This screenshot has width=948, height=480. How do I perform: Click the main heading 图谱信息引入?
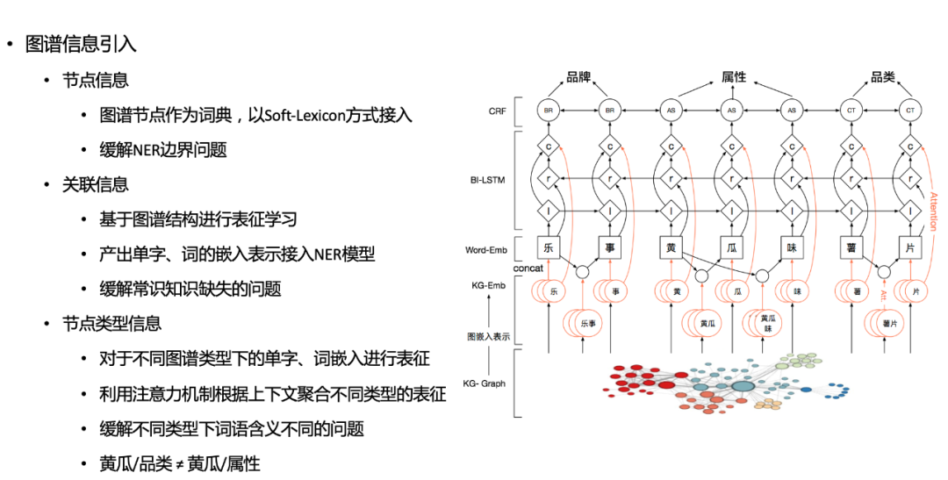pos(82,42)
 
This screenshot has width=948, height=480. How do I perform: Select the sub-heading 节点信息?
pos(95,79)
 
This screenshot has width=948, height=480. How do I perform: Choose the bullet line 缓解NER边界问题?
pos(164,150)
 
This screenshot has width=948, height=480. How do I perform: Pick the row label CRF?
pos(497,111)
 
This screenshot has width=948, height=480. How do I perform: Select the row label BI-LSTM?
pos(487,179)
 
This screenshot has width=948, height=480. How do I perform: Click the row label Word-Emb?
pos(487,250)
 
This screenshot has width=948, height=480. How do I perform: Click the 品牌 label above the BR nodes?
pos(578,77)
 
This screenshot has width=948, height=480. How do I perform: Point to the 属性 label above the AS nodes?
pos(733,77)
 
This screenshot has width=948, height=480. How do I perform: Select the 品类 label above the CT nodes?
pos(882,77)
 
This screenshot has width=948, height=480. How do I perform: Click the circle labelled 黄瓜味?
pos(767,322)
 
